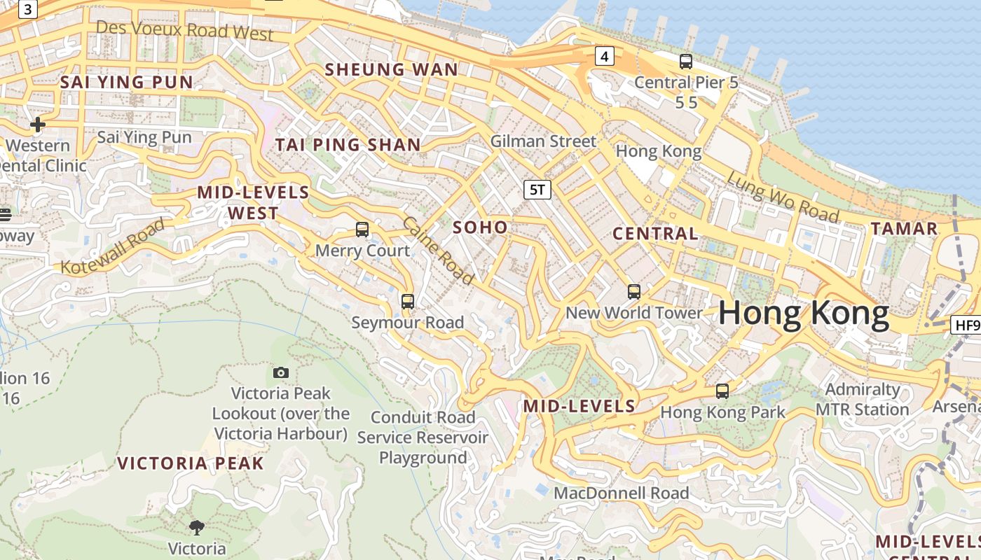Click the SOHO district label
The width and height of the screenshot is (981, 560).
[480, 227]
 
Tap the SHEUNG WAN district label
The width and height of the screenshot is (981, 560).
[392, 69]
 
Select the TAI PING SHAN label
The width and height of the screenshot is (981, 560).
[348, 145]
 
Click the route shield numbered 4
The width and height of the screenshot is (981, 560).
[605, 56]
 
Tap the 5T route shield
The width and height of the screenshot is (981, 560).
[537, 189]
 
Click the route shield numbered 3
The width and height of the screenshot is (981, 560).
[27, 9]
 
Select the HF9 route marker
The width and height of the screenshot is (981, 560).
[966, 325]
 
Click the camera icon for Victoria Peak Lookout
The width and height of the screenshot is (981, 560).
[281, 372]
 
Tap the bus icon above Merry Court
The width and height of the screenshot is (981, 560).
[362, 229]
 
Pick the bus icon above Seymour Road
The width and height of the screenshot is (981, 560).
[408, 302]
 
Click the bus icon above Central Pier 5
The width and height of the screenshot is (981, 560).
[686, 62]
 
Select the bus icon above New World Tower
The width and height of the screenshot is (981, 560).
[634, 292]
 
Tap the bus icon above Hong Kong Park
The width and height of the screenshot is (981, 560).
[722, 391]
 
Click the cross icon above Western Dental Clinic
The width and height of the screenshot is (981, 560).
[38, 125]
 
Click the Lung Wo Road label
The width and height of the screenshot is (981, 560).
[782, 197]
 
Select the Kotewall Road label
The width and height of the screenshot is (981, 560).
[113, 246]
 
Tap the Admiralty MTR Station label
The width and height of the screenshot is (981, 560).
[863, 399]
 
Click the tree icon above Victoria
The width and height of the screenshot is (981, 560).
[197, 527]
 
